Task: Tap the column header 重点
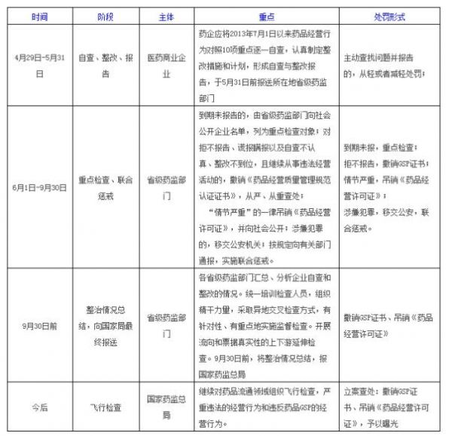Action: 266,15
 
